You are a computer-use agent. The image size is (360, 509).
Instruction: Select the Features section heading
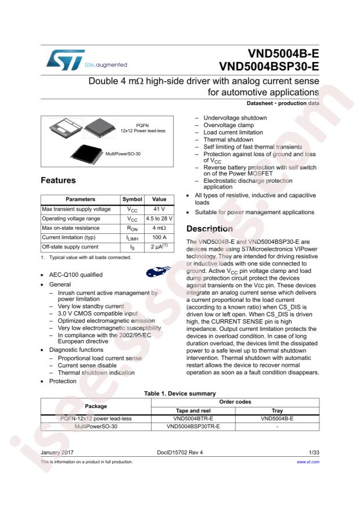[58, 181]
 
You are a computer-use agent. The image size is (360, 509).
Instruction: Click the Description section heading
[209, 229]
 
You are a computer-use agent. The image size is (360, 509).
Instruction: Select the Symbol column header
[132, 199]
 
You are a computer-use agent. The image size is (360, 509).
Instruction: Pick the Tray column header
[277, 410]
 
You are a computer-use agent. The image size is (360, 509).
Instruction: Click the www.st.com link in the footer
[308, 462]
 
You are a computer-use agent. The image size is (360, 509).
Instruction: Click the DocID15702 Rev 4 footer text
[180, 451]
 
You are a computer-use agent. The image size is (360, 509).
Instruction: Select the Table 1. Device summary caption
[180, 394]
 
